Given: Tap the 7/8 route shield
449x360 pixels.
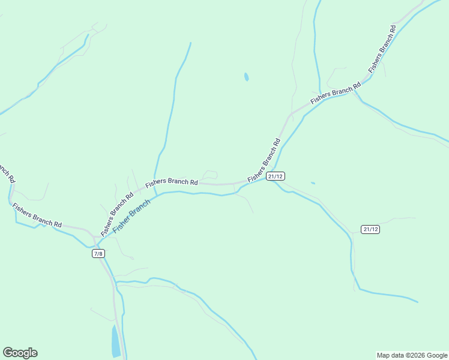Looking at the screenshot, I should tap(98, 254).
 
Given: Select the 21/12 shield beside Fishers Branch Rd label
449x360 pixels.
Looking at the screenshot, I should tap(276, 176).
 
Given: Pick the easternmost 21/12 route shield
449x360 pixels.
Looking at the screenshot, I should tap(370, 229).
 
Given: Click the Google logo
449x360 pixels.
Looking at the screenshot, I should tap(20, 353).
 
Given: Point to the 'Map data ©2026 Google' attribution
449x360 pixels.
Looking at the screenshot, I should tap(412, 355).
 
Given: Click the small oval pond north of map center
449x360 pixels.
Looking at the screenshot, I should tap(246, 77).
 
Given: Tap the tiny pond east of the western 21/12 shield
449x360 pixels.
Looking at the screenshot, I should tap(313, 183).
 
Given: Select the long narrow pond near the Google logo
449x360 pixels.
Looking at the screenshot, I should tap(115, 341).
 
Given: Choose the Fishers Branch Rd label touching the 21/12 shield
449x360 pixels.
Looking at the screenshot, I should tap(264, 161).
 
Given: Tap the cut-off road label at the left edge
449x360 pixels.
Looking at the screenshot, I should tap(6, 172).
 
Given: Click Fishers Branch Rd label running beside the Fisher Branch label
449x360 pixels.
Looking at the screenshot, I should tap(116, 214).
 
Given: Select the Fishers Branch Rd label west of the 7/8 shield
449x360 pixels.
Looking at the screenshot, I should tap(37, 216).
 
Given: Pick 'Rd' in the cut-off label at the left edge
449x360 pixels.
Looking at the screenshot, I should tap(11, 178).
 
